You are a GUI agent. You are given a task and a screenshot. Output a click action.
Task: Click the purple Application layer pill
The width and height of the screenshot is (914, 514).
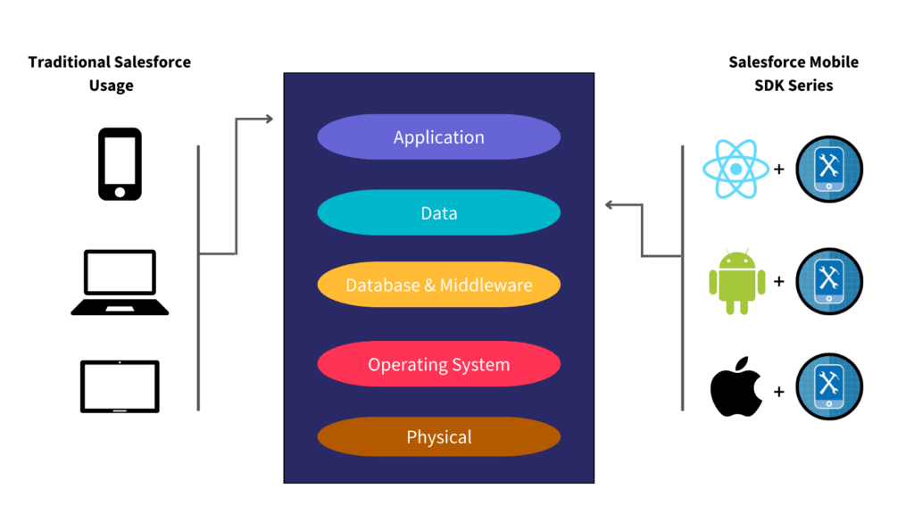click(x=438, y=137)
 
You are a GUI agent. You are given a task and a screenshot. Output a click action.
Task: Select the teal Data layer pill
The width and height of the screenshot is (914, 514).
click(x=438, y=213)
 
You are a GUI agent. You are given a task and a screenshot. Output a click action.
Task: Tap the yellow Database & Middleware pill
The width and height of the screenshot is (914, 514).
click(x=438, y=286)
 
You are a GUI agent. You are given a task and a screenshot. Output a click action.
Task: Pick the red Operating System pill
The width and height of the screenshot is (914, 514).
click(x=438, y=364)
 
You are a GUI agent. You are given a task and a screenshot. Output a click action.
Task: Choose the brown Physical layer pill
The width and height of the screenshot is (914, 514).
click(x=438, y=437)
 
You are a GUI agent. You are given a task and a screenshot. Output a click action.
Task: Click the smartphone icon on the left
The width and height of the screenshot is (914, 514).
click(x=120, y=163)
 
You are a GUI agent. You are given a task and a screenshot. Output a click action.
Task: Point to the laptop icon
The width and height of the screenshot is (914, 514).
click(x=120, y=282)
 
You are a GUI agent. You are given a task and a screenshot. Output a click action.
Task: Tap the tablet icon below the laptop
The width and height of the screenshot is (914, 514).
click(x=120, y=386)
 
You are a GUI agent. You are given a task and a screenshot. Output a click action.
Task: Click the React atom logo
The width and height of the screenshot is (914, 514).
click(x=735, y=169)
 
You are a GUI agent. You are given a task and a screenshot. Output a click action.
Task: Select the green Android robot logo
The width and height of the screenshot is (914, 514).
click(x=736, y=281)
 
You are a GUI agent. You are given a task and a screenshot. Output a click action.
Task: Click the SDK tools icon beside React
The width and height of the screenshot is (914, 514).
click(x=829, y=169)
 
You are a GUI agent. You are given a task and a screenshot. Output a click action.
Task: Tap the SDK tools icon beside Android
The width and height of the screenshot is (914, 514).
click(x=829, y=281)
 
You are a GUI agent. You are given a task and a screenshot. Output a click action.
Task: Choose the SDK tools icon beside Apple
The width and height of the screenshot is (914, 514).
click(x=829, y=387)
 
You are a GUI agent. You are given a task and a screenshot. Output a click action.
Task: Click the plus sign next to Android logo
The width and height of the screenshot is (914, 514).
click(x=779, y=282)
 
